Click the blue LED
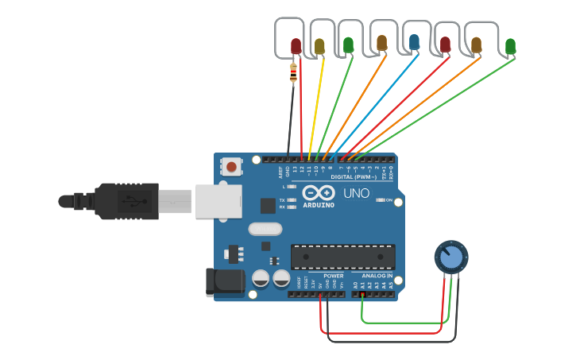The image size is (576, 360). (414, 42)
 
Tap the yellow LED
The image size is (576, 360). (319, 46)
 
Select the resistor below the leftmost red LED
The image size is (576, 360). (294, 74)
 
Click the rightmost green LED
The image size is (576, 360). (510, 46)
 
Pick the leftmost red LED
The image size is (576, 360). (296, 46)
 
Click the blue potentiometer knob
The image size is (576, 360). (451, 257)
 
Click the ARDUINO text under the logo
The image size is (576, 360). (319, 205)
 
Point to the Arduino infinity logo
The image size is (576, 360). (319, 192)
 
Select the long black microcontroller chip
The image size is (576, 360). (342, 257)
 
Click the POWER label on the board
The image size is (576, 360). (333, 275)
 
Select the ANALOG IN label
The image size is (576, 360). (377, 275)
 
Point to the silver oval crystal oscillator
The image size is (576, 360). (265, 229)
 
